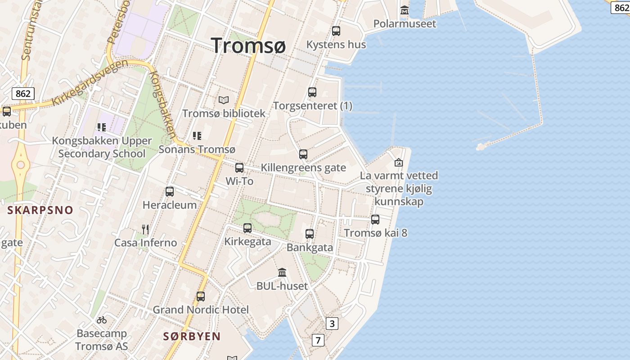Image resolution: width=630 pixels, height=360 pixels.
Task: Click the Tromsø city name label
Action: click(248, 45)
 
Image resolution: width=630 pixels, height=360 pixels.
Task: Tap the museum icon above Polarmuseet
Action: click(405, 10)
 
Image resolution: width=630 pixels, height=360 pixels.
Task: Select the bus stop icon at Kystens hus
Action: click(336, 31)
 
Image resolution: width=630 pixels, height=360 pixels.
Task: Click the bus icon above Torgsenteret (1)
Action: click(312, 92)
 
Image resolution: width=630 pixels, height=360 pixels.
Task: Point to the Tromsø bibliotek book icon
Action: click(224, 100)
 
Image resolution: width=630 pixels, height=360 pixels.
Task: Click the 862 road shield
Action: click(23, 94)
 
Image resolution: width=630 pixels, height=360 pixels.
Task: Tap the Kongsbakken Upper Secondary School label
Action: click(102, 147)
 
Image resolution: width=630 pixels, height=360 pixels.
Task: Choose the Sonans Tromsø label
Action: click(197, 149)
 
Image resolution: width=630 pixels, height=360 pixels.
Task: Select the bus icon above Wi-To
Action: click(239, 168)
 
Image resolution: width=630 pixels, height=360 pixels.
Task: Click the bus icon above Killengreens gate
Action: click(303, 154)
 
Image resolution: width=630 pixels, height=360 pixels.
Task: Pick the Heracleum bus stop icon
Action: click(170, 192)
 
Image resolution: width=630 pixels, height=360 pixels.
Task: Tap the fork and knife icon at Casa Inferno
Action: click(145, 229)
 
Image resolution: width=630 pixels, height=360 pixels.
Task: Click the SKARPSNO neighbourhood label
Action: click(40, 210)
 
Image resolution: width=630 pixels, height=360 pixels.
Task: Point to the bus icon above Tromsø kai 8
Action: click(375, 220)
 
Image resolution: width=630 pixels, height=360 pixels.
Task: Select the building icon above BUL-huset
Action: click(282, 273)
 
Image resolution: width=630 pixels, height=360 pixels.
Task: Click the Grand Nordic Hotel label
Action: click(201, 310)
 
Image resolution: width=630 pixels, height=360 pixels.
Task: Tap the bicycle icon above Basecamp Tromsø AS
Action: click(102, 320)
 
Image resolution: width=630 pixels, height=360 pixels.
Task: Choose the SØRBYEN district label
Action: click(192, 337)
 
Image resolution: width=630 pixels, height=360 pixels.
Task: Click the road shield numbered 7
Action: click(318, 340)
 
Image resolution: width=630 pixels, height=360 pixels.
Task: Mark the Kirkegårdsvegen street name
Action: click(90, 82)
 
